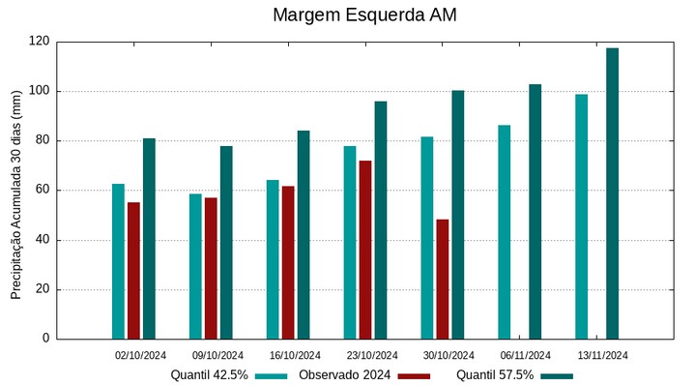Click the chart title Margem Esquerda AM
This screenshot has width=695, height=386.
point(364,15)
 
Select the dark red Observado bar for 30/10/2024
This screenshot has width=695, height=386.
point(443,279)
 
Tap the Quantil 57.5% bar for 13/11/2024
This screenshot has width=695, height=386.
point(612,193)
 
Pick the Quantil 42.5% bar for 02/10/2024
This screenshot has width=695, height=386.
point(118,261)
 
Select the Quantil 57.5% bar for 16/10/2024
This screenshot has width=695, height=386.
point(304,234)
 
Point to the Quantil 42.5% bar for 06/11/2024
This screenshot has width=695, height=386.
point(504,232)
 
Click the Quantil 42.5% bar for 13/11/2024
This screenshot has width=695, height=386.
point(581,216)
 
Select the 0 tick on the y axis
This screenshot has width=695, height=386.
point(46,339)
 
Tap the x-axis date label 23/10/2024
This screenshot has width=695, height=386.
point(372,355)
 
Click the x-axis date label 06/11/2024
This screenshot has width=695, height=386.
point(526,355)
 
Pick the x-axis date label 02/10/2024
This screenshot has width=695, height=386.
point(141,355)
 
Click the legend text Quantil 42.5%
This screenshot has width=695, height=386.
point(210,375)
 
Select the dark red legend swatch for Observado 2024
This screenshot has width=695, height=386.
point(413,375)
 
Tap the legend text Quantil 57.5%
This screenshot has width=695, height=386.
point(495,375)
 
